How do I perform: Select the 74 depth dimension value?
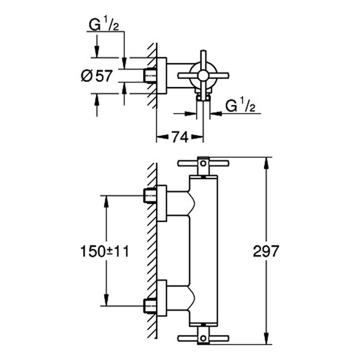tap(176, 137)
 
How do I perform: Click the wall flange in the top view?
tap(161, 76)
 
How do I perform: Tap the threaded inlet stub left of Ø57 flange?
tap(150, 76)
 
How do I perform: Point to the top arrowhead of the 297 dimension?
tap(266, 161)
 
